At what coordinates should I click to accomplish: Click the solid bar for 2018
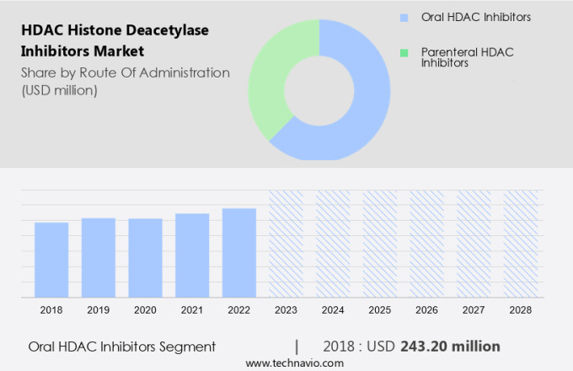click(51, 261)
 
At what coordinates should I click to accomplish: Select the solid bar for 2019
click(99, 258)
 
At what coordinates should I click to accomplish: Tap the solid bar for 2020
click(145, 258)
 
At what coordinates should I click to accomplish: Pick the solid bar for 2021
click(192, 255)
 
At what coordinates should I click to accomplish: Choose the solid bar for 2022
click(239, 253)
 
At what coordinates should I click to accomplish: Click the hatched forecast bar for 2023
click(286, 244)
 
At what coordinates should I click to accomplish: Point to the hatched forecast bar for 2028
click(520, 244)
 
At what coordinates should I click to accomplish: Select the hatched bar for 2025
click(379, 244)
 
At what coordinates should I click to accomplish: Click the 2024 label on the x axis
click(333, 310)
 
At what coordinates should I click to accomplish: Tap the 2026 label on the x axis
click(426, 310)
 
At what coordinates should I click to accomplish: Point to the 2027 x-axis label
click(474, 310)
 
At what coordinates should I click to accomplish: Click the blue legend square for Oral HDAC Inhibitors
click(405, 17)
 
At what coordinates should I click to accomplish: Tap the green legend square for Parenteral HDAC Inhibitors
click(405, 52)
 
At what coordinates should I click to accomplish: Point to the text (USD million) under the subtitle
click(60, 90)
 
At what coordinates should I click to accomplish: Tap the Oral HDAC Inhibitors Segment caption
click(122, 347)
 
